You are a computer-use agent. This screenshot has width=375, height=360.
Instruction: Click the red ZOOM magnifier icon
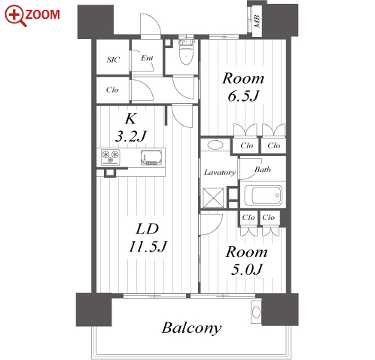pyautogui.click(x=16, y=16)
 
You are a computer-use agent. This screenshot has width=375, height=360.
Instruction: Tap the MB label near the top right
pyautogui.click(x=257, y=21)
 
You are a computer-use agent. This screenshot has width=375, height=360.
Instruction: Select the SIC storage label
pyautogui.click(x=113, y=59)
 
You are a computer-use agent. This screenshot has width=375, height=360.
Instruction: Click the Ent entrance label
pyautogui.click(x=147, y=58)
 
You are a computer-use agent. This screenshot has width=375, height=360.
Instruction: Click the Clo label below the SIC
pyautogui.click(x=112, y=90)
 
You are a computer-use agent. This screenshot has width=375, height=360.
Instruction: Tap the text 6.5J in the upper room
pyautogui.click(x=243, y=96)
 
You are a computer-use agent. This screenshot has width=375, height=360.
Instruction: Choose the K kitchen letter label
pyautogui.click(x=130, y=118)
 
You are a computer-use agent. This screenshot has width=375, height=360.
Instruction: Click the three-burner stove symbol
pyautogui.click(x=111, y=157)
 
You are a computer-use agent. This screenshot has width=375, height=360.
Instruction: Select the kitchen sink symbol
pyautogui.click(x=151, y=157)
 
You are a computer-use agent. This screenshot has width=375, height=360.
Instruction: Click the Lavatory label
pyautogui.click(x=220, y=172)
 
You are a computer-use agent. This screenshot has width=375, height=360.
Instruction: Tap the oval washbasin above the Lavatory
pyautogui.click(x=215, y=145)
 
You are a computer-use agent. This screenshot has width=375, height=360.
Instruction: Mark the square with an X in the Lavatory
pyautogui.click(x=213, y=198)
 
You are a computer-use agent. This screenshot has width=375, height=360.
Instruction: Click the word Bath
pyautogui.click(x=263, y=169)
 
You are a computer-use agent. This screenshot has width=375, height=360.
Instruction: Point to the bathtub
pyautogui.click(x=263, y=195)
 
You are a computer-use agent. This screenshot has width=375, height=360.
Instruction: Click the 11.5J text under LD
pyautogui.click(x=148, y=246)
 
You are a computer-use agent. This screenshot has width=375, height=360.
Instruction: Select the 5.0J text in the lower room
pyautogui.click(x=246, y=270)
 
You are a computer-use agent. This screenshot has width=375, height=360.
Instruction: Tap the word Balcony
pyautogui.click(x=191, y=328)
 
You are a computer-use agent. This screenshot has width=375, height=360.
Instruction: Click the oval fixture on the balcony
pyautogui.click(x=256, y=313)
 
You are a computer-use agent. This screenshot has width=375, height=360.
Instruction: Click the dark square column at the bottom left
pyautogui.click(x=94, y=310)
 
